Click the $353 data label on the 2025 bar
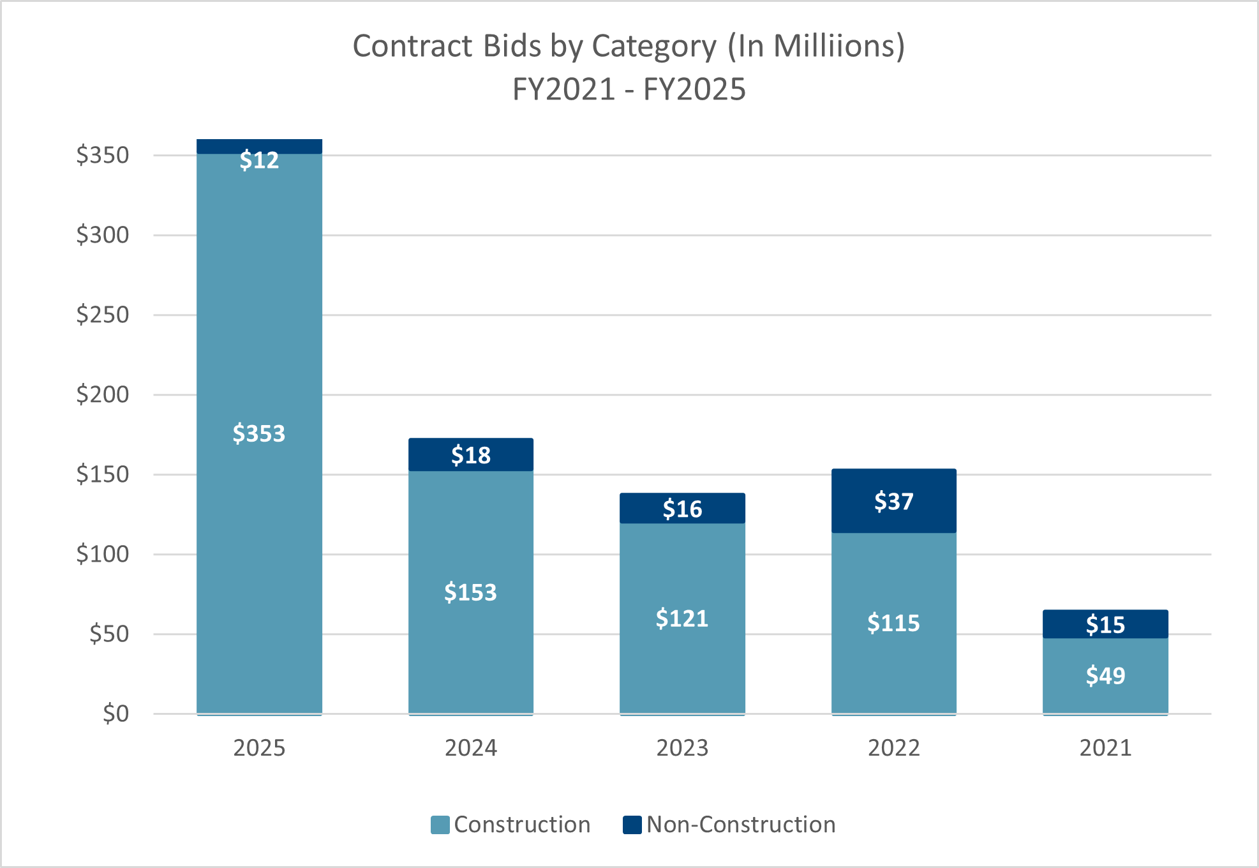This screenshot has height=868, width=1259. pyautogui.click(x=258, y=433)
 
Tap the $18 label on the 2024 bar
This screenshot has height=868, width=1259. pyautogui.click(x=471, y=455)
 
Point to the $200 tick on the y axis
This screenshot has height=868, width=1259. pyautogui.click(x=102, y=394)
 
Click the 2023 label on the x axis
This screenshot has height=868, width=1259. pyautogui.click(x=682, y=747)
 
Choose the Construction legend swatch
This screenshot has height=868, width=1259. pyautogui.click(x=440, y=825)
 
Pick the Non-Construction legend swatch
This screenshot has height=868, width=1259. pyautogui.click(x=632, y=825)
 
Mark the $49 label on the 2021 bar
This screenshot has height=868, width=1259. pyautogui.click(x=1105, y=675)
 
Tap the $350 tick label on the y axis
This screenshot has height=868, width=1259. pyautogui.click(x=102, y=155)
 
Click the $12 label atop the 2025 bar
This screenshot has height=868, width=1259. pyautogui.click(x=259, y=160)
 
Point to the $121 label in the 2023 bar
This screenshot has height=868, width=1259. pyautogui.click(x=682, y=618)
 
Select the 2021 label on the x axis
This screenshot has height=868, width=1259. pyautogui.click(x=1105, y=747)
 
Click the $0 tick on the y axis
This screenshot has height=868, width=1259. pyautogui.click(x=115, y=714)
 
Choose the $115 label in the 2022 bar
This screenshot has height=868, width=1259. pyautogui.click(x=893, y=623)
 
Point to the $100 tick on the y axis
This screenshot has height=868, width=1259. pyautogui.click(x=102, y=554)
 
